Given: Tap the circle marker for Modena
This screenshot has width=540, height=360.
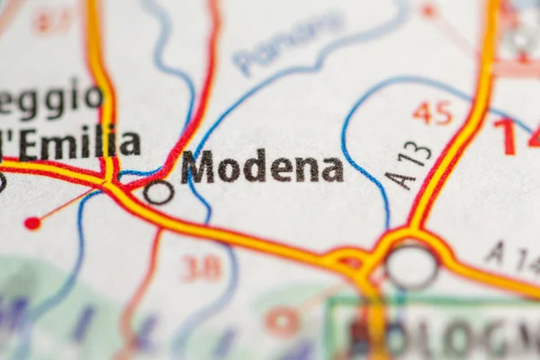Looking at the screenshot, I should (x=158, y=192).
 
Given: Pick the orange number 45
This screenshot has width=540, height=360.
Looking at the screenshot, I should (x=432, y=112).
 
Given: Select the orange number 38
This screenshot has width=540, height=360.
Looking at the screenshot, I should (x=202, y=267).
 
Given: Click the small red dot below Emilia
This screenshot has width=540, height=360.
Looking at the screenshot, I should (x=32, y=222).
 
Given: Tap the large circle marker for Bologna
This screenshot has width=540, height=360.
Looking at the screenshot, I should (x=411, y=267).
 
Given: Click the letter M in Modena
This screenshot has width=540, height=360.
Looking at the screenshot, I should (x=198, y=167).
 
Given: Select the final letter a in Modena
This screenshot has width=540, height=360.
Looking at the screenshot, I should (x=333, y=169).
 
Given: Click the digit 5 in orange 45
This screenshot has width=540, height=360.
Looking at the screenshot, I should (x=443, y=112).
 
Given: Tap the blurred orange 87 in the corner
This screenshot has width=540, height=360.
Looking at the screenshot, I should (x=54, y=20).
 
